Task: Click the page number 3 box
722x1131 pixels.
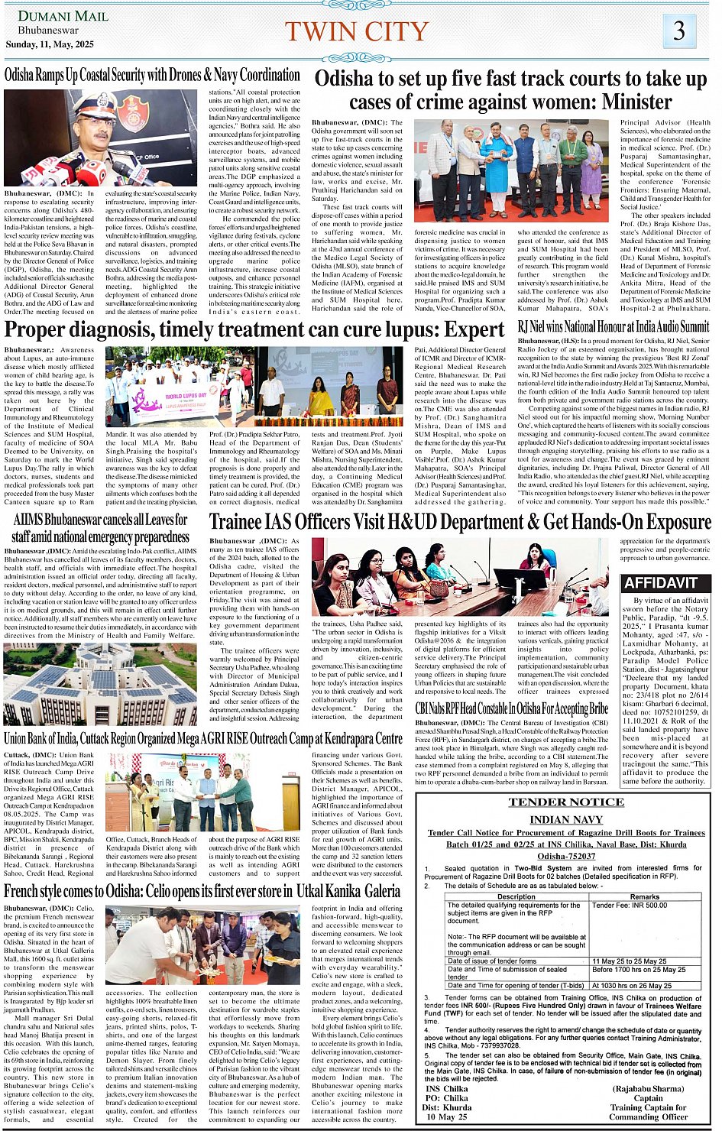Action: point(678,31)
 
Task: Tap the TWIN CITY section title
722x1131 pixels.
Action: point(356,31)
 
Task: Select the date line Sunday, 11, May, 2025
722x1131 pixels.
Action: point(50,44)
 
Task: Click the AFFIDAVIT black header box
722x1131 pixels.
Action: point(662,583)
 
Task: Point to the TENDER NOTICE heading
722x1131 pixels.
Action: point(566,802)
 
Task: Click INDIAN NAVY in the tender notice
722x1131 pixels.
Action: point(566,820)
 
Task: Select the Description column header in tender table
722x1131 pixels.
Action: point(516,896)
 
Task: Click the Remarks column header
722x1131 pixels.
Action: point(644,896)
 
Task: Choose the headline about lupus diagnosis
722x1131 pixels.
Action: point(254,330)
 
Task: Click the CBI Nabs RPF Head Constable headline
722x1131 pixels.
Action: point(511,708)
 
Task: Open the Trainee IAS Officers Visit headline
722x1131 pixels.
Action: point(460,521)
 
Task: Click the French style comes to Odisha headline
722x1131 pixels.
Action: point(202,891)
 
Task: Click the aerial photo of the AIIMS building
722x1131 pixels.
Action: point(100,684)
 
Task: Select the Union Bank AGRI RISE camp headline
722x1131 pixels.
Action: point(203,738)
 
